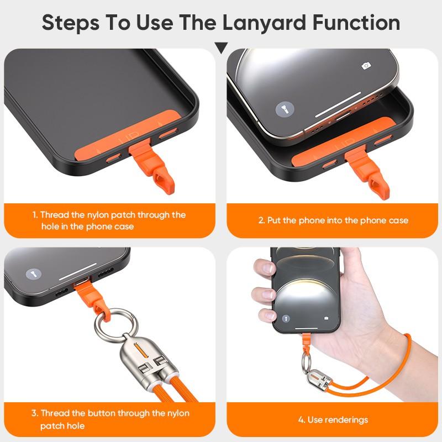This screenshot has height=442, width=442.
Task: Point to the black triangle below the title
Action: pyautogui.click(x=221, y=48)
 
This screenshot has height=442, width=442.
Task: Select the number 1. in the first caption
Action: pyautogui.click(x=34, y=215)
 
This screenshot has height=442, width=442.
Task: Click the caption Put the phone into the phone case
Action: pyautogui.click(x=333, y=220)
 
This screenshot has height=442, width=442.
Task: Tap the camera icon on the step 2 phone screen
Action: pyautogui.click(x=365, y=66)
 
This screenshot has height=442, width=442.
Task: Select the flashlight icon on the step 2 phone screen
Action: pyautogui.click(x=282, y=107)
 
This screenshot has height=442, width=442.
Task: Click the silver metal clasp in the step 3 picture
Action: pyautogui.click(x=141, y=365)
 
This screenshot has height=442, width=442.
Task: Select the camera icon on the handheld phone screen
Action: pyautogui.click(x=327, y=318)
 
